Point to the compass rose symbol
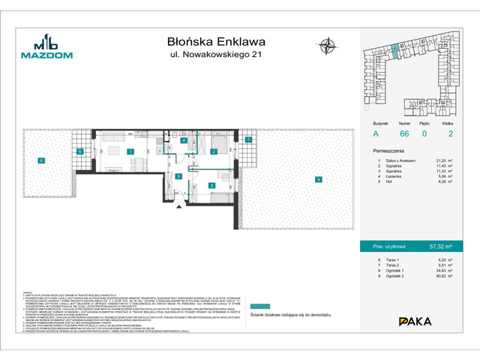pyautogui.click(x=328, y=46)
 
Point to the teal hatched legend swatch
pyautogui.click(x=376, y=306)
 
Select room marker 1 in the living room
pyautogui.click(x=130, y=152)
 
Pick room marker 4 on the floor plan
pyautogui.click(x=183, y=140)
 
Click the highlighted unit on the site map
pyautogui.click(x=394, y=52)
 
